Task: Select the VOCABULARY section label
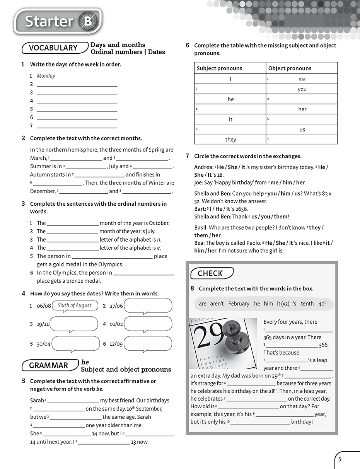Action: [x=53, y=48]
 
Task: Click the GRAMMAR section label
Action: [x=49, y=365]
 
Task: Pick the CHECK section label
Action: [x=210, y=273]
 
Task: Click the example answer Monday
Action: [x=46, y=76]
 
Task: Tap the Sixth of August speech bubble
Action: [x=75, y=305]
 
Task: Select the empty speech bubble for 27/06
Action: [x=148, y=305]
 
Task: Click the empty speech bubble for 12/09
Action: [x=148, y=343]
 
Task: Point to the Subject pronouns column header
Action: [x=219, y=68]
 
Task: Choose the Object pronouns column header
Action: [x=290, y=68]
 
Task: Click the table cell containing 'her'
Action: [x=302, y=109]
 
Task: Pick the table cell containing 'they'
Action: [x=230, y=140]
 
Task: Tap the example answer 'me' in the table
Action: [x=302, y=79]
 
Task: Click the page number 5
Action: [x=340, y=460]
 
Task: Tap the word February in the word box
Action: [x=239, y=304]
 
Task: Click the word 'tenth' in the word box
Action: [x=307, y=304]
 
